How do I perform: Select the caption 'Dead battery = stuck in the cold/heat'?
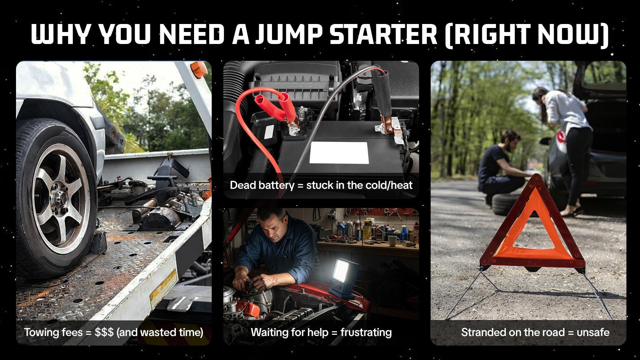(x=321, y=185)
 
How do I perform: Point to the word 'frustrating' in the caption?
(x=366, y=332)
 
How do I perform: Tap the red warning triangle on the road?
(x=532, y=228)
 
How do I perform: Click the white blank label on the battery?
(x=339, y=152)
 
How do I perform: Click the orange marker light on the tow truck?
(x=199, y=69)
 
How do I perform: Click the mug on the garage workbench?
(x=393, y=241)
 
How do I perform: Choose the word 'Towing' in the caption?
(x=42, y=332)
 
